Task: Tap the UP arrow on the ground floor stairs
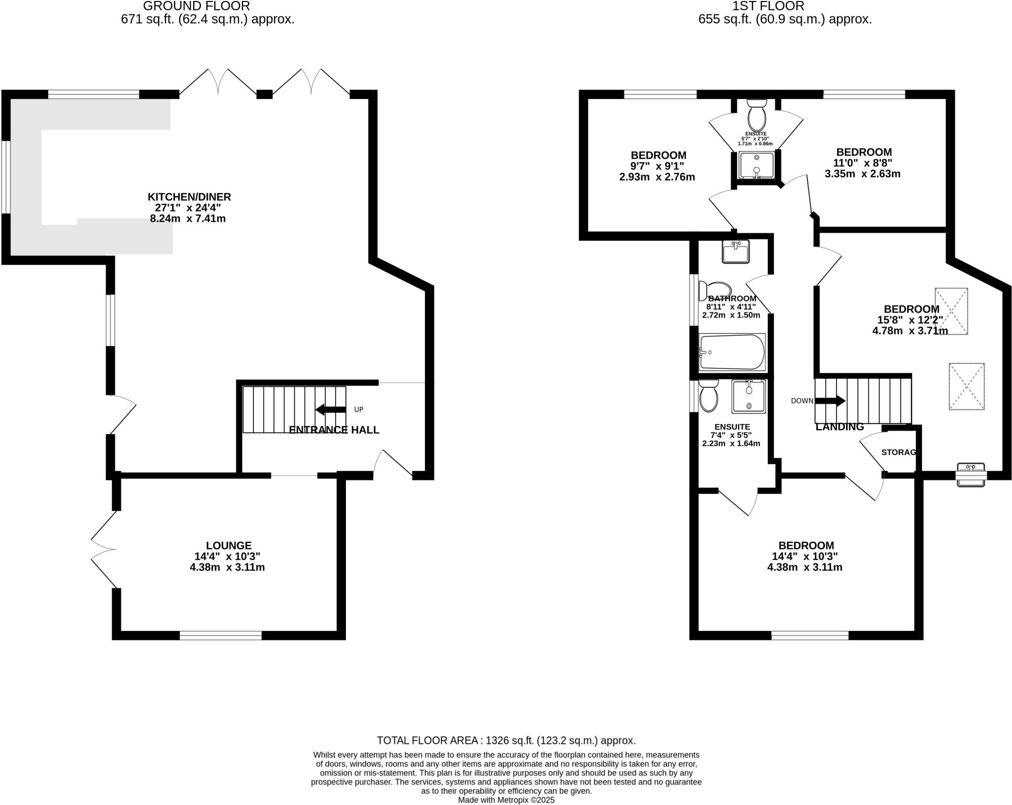point(331,409)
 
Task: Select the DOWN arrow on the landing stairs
point(830,401)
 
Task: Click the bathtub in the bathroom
point(732,352)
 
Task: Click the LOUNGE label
point(229,545)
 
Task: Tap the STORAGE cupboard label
point(899,452)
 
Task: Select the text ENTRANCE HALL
point(334,430)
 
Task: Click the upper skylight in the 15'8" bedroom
point(951,311)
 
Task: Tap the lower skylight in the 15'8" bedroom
point(966,386)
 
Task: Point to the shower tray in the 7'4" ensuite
point(749,396)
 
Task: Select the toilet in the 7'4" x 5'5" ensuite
point(709,396)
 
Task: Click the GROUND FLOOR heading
point(197,6)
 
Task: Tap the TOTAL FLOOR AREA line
point(506,740)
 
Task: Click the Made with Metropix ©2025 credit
point(506,800)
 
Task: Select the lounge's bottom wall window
point(220,635)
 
